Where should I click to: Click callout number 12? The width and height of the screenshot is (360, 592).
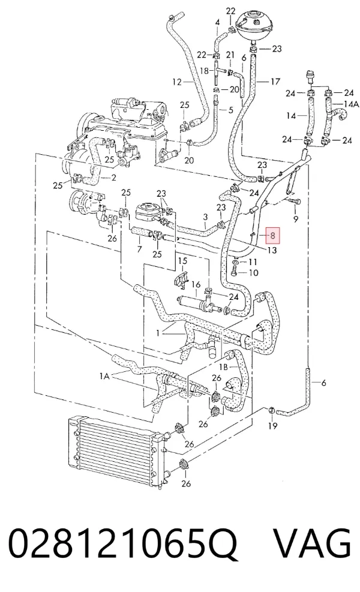(177, 82)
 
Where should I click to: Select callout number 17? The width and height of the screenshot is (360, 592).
(275, 81)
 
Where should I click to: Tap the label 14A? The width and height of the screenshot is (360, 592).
(352, 104)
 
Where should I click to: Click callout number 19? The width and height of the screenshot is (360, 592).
(273, 426)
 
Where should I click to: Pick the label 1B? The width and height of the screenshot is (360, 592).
(223, 366)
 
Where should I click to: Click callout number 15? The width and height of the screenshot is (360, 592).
(182, 261)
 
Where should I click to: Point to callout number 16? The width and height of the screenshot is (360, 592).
(196, 284)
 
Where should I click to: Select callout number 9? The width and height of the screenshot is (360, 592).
(295, 218)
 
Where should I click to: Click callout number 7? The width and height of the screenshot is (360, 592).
(139, 249)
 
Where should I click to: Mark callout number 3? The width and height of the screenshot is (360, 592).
(205, 217)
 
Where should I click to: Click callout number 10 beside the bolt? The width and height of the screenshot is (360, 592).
(253, 272)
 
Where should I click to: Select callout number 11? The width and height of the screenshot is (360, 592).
(253, 262)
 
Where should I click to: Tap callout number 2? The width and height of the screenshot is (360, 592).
(113, 178)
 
